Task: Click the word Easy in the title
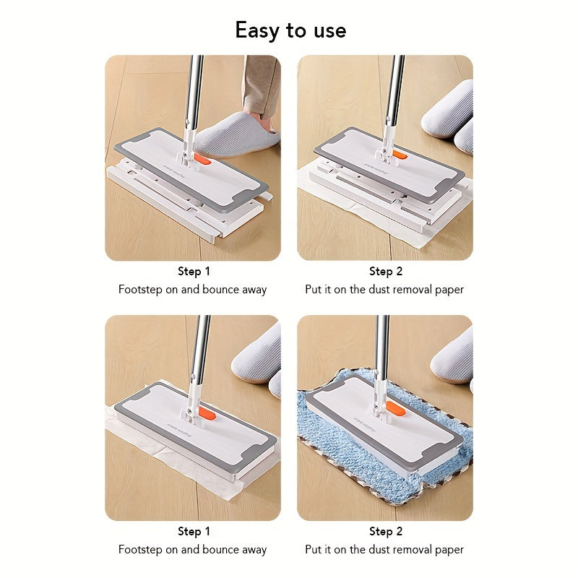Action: [x=257, y=30]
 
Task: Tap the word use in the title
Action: [x=330, y=31]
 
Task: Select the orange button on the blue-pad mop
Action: [x=396, y=409]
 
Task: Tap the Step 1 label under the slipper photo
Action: [x=194, y=272]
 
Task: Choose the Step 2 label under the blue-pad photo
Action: [x=386, y=532]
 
